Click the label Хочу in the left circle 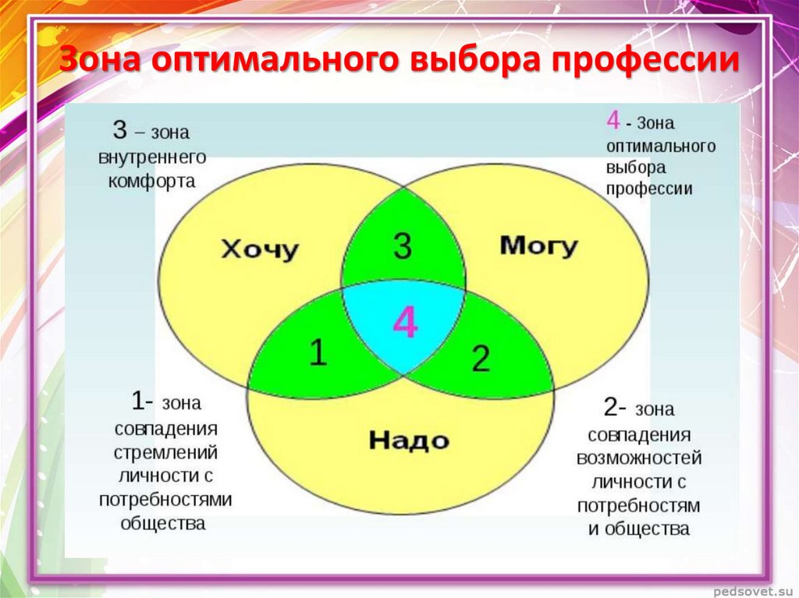260,250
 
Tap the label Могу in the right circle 538,246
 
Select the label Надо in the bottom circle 409,440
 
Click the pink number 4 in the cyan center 406,322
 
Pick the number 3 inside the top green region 403,246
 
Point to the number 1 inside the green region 318,352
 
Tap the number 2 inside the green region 481,358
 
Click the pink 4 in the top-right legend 613,120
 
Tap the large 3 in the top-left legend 119,129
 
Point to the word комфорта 152,182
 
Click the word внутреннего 152,157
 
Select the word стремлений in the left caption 165,453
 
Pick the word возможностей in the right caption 639,458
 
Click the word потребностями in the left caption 165,500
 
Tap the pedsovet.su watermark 753,591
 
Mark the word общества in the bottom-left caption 163,523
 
